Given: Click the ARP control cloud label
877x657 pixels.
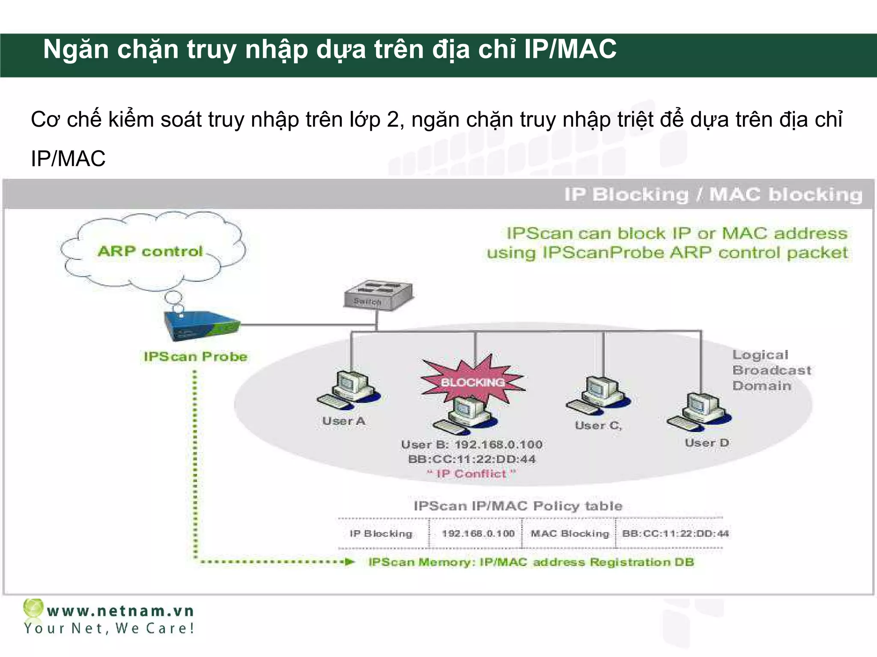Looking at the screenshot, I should (x=150, y=251).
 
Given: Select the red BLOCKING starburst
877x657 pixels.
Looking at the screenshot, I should (x=473, y=381).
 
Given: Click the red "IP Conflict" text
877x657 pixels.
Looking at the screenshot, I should (x=471, y=474).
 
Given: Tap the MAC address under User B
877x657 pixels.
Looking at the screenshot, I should (x=471, y=459).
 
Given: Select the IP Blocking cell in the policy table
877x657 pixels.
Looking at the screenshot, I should (x=381, y=533).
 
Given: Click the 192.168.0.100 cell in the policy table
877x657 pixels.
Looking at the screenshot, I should (x=478, y=533).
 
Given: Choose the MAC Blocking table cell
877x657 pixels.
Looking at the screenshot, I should (x=570, y=533).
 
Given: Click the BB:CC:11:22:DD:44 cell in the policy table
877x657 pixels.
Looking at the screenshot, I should (x=675, y=533).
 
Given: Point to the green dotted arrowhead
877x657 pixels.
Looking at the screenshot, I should (x=350, y=562).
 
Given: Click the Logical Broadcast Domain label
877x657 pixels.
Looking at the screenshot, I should (x=771, y=370).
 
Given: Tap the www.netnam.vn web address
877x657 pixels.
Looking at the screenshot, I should (x=121, y=611).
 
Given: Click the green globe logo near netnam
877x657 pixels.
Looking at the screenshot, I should (x=33, y=608).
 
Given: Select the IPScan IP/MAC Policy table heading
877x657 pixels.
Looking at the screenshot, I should (x=518, y=506).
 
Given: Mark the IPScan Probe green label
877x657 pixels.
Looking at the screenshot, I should (x=196, y=357).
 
